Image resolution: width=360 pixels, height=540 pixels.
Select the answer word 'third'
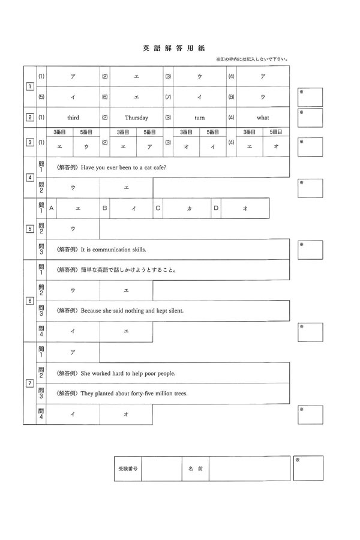73,118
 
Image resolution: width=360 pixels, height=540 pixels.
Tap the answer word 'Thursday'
136,118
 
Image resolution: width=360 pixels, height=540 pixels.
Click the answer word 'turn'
200,118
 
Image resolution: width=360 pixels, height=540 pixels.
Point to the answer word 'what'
263,118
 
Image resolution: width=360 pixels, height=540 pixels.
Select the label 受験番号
128,469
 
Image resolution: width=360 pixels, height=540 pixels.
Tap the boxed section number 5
29,229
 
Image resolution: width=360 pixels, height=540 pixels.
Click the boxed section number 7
29,383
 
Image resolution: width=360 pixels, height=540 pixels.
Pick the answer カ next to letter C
189,208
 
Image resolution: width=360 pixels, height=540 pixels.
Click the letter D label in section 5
215,208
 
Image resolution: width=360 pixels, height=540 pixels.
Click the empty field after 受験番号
161,469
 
